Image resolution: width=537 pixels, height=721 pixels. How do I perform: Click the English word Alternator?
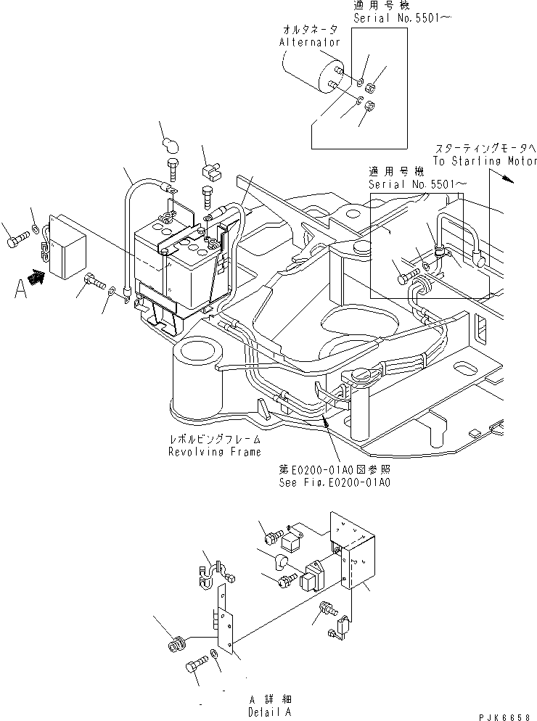(310, 43)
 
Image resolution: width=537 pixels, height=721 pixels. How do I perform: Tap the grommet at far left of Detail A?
(175, 645)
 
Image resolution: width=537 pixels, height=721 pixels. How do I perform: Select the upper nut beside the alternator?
(369, 88)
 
